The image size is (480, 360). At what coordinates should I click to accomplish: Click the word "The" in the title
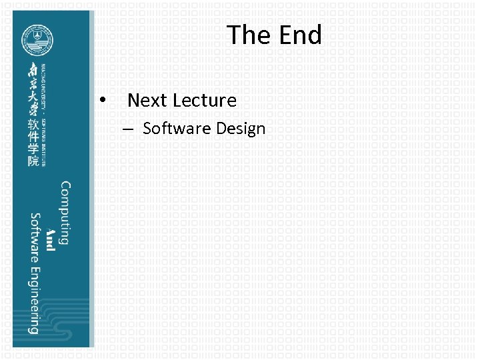point(246,35)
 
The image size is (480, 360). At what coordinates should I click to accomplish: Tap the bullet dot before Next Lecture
point(103,100)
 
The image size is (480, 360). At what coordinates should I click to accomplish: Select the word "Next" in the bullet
point(147,101)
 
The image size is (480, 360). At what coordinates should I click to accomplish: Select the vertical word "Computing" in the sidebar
point(65,213)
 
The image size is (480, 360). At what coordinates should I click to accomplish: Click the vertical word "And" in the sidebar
point(50,240)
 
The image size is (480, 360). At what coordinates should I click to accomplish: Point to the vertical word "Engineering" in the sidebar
point(34,300)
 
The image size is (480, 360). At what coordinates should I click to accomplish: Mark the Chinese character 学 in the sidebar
point(33,150)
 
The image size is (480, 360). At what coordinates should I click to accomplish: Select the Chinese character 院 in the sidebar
point(33,162)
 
